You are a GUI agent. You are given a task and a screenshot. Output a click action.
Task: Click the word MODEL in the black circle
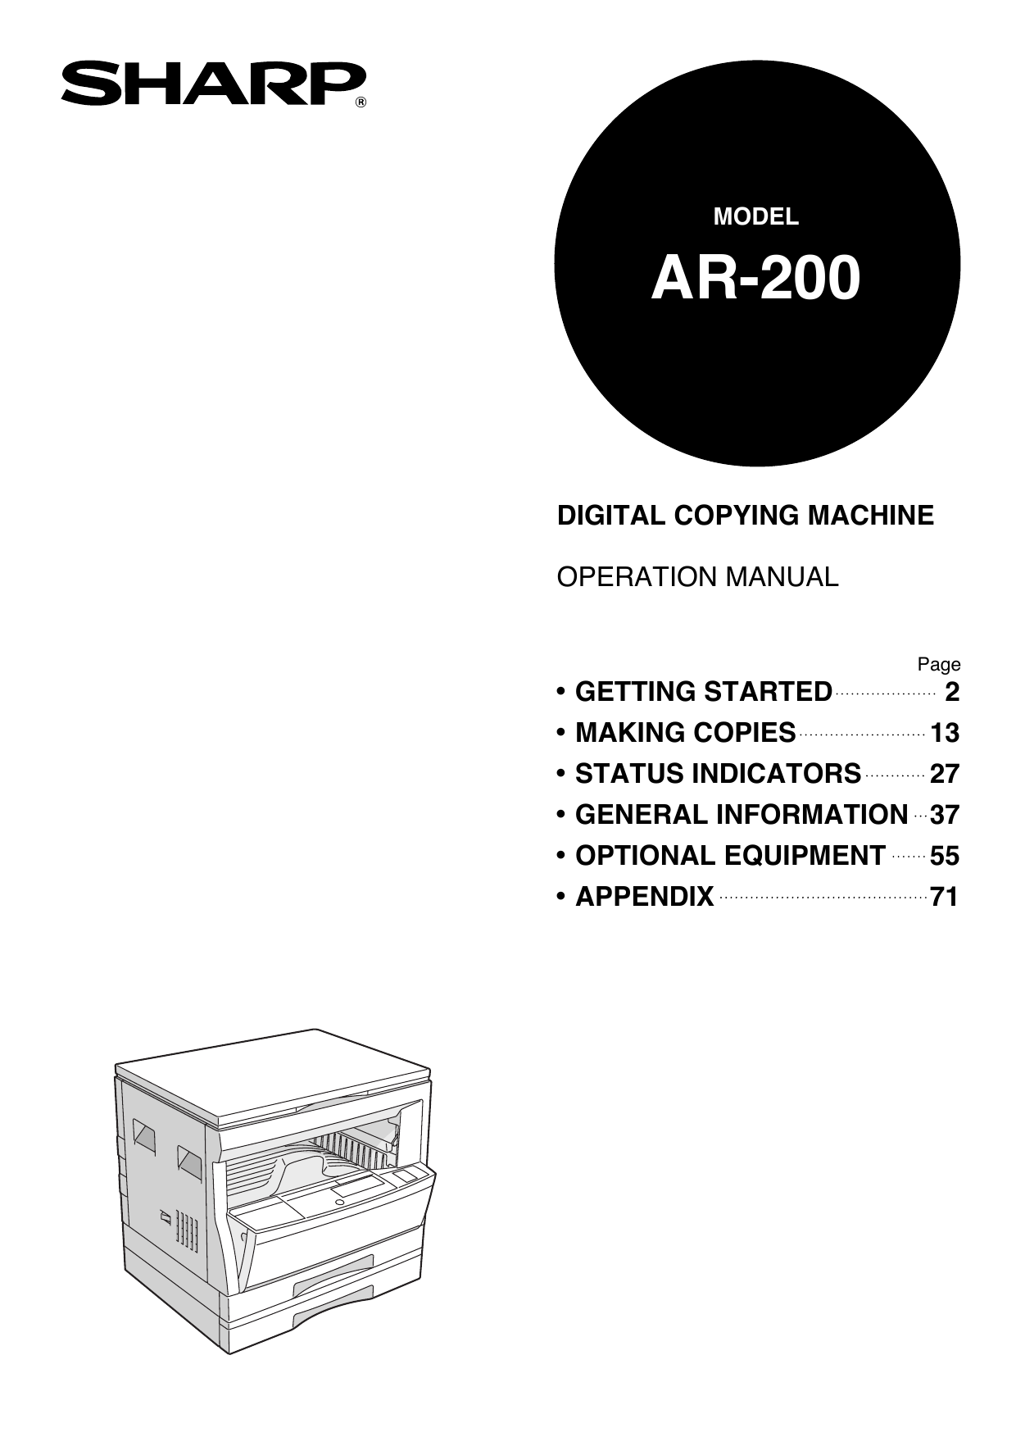pos(755,216)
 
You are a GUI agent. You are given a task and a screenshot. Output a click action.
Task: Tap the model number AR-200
pos(755,279)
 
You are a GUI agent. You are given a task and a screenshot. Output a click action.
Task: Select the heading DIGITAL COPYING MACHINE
pos(745,516)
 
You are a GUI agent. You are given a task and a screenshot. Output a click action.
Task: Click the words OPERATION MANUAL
pos(697,577)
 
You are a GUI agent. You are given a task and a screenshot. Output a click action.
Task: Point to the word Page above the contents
pos(938,664)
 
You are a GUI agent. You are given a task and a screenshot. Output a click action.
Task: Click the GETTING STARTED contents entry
pos(703,692)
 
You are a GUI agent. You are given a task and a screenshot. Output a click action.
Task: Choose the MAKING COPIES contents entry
pos(685,733)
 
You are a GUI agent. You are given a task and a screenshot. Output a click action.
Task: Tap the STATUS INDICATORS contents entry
pos(718,774)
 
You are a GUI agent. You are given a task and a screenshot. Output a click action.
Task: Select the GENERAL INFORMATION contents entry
pos(742,815)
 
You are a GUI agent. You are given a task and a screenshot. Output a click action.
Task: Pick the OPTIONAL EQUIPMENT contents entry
pos(730,856)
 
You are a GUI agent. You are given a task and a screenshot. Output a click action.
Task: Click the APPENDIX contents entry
pos(644,897)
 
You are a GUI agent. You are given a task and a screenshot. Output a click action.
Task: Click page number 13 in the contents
pos(944,733)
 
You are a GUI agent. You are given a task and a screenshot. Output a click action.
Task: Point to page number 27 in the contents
pos(944,774)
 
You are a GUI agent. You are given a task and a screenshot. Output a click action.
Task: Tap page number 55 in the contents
pos(944,856)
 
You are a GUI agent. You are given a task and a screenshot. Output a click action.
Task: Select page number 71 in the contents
pos(944,897)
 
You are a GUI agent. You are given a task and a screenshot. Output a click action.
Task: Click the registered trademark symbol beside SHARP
pos(361,102)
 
